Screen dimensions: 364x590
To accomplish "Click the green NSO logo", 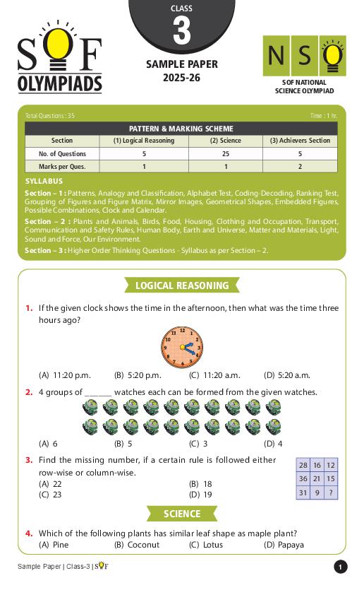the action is pyautogui.click(x=303, y=57).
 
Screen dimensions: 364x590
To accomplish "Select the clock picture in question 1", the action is pyautogui.click(x=181, y=347).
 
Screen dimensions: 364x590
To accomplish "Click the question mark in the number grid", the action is pyautogui.click(x=331, y=493).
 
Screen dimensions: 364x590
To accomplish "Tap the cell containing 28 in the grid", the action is pyautogui.click(x=303, y=465).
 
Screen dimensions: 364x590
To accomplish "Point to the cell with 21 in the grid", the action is pyautogui.click(x=317, y=479).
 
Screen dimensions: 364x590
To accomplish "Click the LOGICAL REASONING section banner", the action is pyautogui.click(x=181, y=285).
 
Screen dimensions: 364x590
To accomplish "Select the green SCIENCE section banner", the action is pyautogui.click(x=181, y=514).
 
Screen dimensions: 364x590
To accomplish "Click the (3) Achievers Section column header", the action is pyautogui.click(x=300, y=141).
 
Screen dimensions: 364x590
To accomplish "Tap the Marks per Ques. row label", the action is pyautogui.click(x=62, y=167).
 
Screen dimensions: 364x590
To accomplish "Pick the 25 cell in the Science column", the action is pyautogui.click(x=225, y=154).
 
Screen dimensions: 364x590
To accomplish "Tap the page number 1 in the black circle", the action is pyautogui.click(x=340, y=567).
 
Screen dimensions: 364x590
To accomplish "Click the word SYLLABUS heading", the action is pyautogui.click(x=44, y=182).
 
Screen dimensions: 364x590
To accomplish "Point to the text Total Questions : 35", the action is pyautogui.click(x=49, y=115).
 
